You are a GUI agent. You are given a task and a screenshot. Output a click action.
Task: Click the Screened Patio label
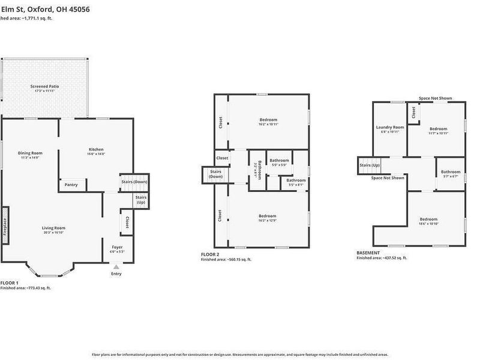(45, 86)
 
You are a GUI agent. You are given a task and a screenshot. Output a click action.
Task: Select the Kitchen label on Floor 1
(97, 149)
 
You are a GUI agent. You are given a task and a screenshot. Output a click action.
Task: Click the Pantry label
(71, 185)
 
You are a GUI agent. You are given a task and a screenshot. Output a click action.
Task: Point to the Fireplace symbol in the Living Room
(5, 226)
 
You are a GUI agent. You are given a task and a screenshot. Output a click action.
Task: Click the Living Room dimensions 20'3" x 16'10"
(53, 232)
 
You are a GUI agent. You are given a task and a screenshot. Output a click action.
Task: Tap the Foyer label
(118, 247)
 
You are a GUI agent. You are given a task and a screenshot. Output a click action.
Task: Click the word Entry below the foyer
(116, 274)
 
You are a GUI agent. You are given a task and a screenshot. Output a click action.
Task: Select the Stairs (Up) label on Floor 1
(141, 200)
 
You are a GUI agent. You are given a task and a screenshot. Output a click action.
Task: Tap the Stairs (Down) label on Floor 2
(215, 174)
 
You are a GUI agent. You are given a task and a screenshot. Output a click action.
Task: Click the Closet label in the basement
(413, 112)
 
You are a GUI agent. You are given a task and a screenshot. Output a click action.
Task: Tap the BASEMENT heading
(368, 253)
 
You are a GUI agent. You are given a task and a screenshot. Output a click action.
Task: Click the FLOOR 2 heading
(211, 254)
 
